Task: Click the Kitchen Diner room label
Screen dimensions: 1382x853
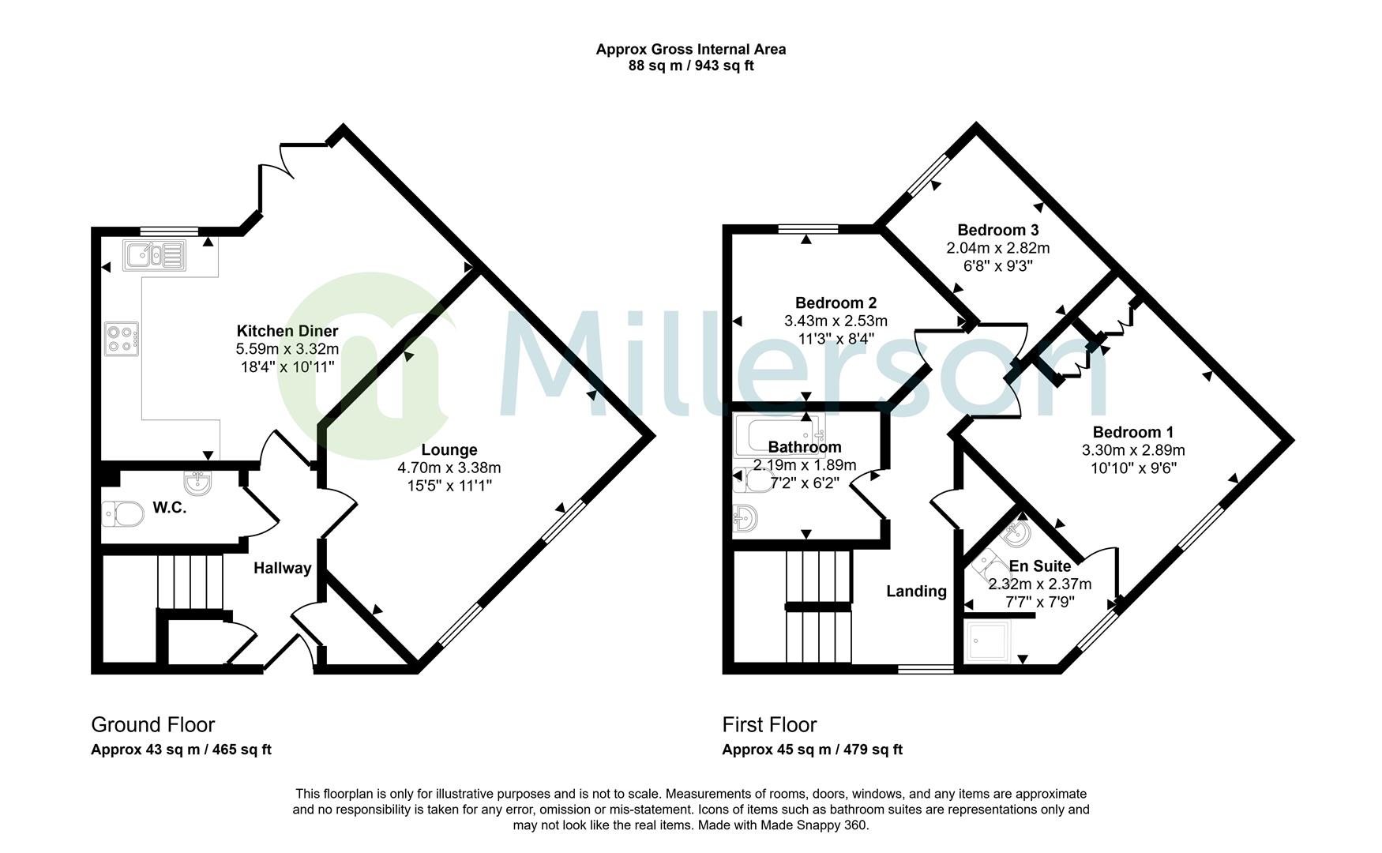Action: click(287, 331)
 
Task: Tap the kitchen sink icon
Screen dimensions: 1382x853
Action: click(154, 255)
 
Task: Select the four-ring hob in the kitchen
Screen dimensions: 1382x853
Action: click(122, 339)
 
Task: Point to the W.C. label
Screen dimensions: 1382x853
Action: click(170, 508)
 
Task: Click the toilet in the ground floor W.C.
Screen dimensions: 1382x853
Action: click(122, 514)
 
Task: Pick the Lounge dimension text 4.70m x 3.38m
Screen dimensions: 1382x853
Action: click(449, 468)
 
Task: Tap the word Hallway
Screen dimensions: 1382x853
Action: click(282, 568)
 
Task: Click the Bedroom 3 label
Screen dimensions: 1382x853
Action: click(998, 230)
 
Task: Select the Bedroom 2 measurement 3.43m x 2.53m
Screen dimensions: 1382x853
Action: click(836, 321)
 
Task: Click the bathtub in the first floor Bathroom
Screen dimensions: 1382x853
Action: click(780, 435)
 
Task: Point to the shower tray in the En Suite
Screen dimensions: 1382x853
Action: click(989, 641)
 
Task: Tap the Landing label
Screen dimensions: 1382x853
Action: click(916, 591)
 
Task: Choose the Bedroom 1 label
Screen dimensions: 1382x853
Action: click(1133, 432)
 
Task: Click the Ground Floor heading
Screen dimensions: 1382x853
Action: click(153, 724)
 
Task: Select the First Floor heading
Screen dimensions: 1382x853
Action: click(770, 724)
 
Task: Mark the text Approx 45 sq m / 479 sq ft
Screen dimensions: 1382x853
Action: click(813, 750)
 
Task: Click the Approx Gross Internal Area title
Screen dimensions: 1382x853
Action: click(691, 49)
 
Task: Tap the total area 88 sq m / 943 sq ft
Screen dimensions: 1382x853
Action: click(691, 66)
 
